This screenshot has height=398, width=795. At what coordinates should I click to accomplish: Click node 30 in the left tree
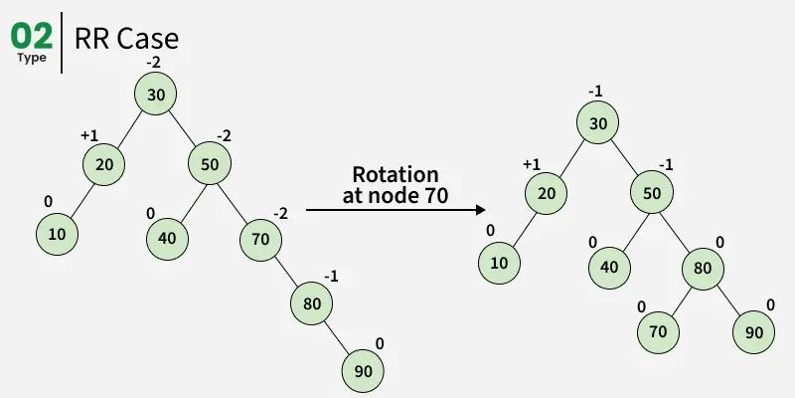coord(156,96)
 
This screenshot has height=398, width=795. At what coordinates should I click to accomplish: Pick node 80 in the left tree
coord(311,303)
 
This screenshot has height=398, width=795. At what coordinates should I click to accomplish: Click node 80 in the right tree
coord(702,268)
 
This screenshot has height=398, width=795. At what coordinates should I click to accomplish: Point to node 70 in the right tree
coord(658,331)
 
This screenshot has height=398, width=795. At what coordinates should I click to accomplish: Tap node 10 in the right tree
coord(499,264)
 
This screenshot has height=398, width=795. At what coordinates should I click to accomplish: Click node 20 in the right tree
coord(546,193)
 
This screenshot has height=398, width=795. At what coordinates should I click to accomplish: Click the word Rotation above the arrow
coord(396,175)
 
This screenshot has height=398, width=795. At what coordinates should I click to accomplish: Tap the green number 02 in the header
coord(32,36)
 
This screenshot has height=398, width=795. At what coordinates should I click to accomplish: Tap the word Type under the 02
coord(32,58)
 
